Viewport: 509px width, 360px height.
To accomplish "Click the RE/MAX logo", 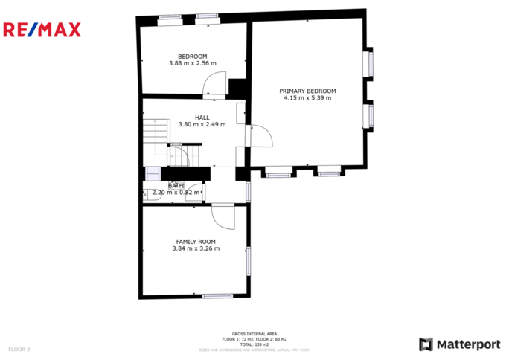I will coord(42,30).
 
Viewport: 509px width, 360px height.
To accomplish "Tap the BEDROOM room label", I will coord(192,57).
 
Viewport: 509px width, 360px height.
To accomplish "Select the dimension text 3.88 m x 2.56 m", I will coord(192,64).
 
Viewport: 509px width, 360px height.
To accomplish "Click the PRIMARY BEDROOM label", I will coord(307,91).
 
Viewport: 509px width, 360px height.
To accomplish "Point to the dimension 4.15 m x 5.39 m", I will coord(307,98).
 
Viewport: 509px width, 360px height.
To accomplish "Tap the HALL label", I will coord(202,118).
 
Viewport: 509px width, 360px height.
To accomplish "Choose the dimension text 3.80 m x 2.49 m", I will coord(202,125).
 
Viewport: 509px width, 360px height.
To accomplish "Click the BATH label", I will coord(175,186).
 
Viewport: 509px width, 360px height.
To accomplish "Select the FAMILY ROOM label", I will coord(196,242).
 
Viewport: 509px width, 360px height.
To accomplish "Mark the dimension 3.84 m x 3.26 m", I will coord(196,249).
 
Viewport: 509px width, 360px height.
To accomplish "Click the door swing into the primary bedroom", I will coord(262,136).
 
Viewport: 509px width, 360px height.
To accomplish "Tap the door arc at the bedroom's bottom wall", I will coord(215,83).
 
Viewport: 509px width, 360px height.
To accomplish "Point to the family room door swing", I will coord(223,216).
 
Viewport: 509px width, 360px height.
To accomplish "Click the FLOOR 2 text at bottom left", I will coord(19,348).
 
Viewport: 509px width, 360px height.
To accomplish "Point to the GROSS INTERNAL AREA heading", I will coord(254,334).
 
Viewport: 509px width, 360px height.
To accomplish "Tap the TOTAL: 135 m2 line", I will coord(254,344).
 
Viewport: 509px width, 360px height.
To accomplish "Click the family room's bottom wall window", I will coord(217,296).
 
